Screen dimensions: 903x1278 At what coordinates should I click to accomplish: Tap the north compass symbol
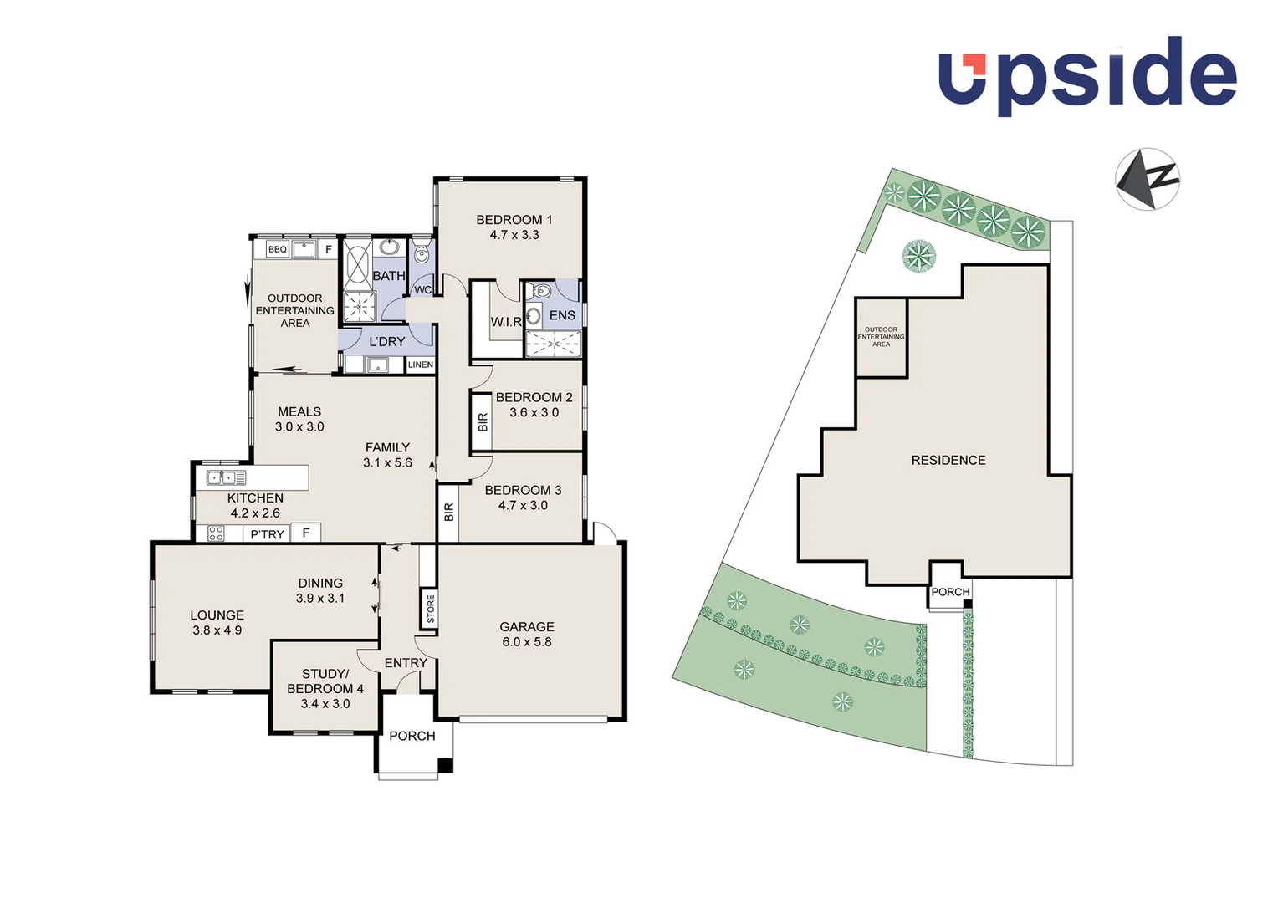point(1147,179)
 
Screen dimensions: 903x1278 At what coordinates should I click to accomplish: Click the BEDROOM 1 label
point(514,220)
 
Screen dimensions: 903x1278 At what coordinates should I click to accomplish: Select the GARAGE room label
point(527,626)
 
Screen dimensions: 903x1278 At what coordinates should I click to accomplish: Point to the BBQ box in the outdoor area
point(277,249)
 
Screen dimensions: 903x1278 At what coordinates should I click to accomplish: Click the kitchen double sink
point(226,478)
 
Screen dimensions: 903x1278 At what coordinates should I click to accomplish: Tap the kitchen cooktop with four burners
point(216,533)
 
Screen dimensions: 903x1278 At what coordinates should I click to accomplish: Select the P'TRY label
point(268,534)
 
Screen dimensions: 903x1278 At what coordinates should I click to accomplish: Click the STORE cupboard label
point(431,609)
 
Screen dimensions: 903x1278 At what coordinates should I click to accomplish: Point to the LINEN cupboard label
point(421,365)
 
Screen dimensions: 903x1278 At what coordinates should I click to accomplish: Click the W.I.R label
point(506,322)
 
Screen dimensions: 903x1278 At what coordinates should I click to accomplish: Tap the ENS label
point(562,315)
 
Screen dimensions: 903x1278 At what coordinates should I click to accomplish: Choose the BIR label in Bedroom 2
point(483,422)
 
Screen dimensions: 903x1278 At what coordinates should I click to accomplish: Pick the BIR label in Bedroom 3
point(449,512)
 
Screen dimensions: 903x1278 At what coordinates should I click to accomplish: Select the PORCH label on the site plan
point(950,592)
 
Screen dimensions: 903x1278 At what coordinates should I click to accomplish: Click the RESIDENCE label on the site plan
point(948,460)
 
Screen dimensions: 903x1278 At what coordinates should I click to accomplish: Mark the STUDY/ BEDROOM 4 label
point(325,681)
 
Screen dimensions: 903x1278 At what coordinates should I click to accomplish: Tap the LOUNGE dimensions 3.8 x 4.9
point(217,630)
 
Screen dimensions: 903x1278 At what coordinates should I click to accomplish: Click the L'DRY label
point(386,341)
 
